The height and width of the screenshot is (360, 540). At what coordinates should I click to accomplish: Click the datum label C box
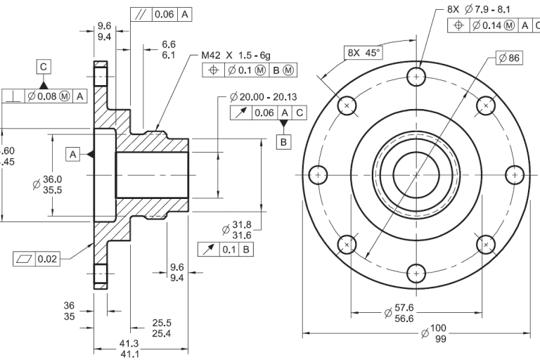coord(44,66)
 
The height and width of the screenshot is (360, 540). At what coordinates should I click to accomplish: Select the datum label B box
coord(284,142)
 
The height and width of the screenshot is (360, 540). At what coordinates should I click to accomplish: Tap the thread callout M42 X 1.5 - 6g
coord(237,55)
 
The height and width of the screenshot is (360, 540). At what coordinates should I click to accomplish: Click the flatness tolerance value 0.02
coord(47,259)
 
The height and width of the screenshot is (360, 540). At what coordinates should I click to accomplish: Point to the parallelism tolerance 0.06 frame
coord(161,14)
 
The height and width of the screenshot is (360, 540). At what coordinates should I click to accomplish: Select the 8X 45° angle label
coord(362,53)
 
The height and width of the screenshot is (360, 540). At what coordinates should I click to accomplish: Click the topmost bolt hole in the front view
coord(417,75)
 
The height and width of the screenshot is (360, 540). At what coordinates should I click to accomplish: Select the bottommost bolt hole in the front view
coord(417,272)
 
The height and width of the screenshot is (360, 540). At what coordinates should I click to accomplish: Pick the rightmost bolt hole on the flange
coord(515,174)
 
